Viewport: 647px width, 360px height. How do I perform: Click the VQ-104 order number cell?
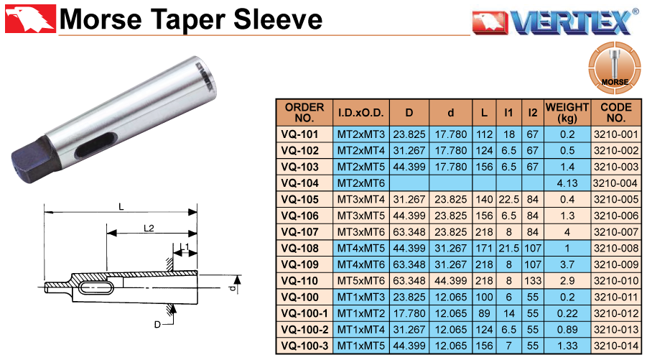point(299,183)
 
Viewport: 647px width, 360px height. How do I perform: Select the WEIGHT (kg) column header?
point(567,112)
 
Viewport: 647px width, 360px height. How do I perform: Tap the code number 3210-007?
point(615,232)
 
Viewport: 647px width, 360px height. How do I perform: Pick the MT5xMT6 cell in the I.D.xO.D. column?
point(360,281)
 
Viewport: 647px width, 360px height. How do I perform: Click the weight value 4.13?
point(567,183)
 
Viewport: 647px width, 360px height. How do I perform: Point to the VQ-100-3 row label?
point(304,346)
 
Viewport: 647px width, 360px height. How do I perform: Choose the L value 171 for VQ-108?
point(484,248)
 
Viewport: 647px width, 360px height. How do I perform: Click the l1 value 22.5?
point(508,200)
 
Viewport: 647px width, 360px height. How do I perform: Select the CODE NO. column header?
point(615,112)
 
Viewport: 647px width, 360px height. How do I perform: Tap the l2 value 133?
point(533,281)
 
